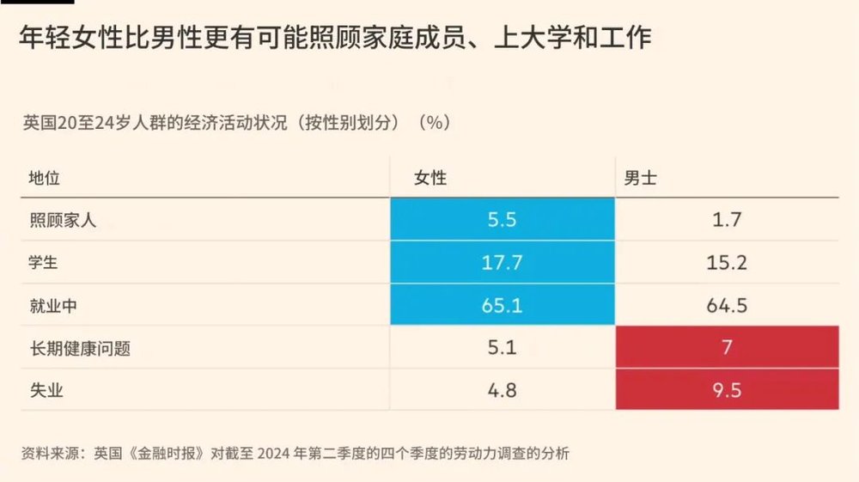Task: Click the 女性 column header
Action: click(430, 178)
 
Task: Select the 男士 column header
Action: click(641, 178)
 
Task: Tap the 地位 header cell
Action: click(44, 178)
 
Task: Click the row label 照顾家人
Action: click(62, 220)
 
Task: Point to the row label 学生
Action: click(44, 263)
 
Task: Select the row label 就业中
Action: click(53, 306)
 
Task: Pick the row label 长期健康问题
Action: click(80, 349)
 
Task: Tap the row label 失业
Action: click(44, 391)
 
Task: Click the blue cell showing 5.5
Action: click(503, 220)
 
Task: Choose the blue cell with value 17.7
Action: click(503, 263)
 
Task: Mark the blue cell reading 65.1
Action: click(503, 306)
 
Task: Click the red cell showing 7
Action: click(727, 349)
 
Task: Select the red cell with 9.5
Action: click(727, 391)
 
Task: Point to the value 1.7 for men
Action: click(727, 220)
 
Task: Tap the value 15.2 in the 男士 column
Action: click(727, 263)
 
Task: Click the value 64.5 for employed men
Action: click(727, 306)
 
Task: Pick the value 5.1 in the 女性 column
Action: click(503, 349)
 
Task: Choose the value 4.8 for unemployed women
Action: click(503, 391)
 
